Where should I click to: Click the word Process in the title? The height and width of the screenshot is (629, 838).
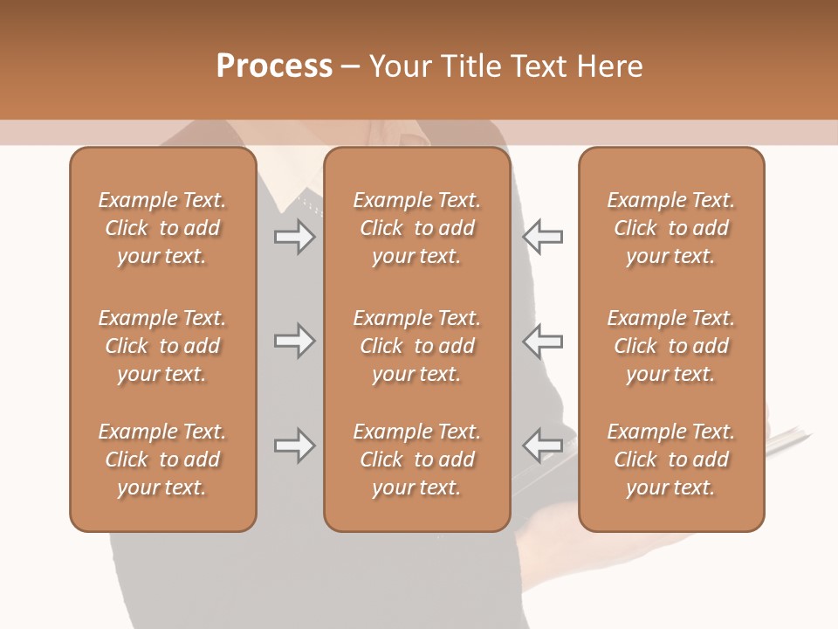coord(274,66)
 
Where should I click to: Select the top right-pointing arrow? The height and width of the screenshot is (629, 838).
coord(295,237)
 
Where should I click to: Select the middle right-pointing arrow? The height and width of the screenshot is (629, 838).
coord(295,341)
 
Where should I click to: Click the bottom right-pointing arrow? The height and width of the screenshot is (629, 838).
coord(295,446)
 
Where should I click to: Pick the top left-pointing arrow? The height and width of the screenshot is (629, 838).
coord(542,237)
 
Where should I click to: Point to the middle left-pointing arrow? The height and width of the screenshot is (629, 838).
coord(542,341)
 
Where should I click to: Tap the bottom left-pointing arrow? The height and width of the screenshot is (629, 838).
coord(542,446)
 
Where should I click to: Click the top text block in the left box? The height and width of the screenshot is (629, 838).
coord(162,228)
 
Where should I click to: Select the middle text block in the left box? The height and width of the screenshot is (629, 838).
coord(162,346)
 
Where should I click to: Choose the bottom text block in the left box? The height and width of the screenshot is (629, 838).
coord(162,460)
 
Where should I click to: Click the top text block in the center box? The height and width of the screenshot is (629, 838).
coord(416,228)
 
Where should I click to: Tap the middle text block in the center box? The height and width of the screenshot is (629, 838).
coord(416,346)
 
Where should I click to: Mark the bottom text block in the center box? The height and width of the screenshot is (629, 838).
coord(416,460)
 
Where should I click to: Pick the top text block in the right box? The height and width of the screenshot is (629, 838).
coord(670,228)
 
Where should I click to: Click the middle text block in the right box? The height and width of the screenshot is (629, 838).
coord(670,346)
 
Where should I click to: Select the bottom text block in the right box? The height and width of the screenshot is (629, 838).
coord(670,460)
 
